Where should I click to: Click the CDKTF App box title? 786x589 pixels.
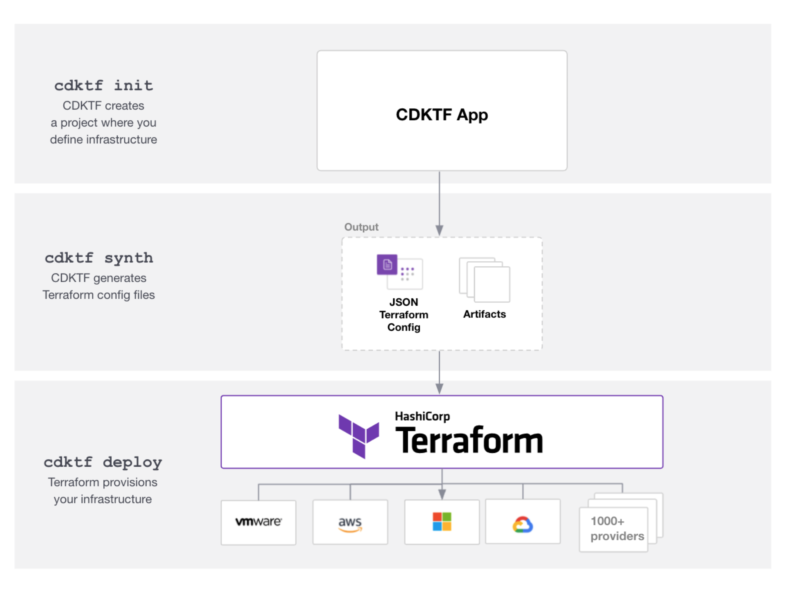coord(442,115)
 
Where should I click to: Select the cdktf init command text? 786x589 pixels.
coord(103,86)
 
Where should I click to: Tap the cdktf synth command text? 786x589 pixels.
coord(99,258)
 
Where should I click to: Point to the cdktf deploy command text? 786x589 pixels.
coord(103,462)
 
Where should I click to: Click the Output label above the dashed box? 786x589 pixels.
coord(361,227)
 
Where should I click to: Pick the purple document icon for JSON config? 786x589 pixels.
coord(387,265)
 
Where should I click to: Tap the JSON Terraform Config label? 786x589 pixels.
coord(404,315)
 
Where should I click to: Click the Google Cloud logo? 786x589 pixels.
coord(523,525)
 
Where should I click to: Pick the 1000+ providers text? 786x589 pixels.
coord(617,529)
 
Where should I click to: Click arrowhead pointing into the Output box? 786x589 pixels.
coord(440,230)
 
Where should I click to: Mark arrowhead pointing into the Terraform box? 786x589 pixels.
coord(440,389)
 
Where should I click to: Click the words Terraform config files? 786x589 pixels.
coord(99,295)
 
